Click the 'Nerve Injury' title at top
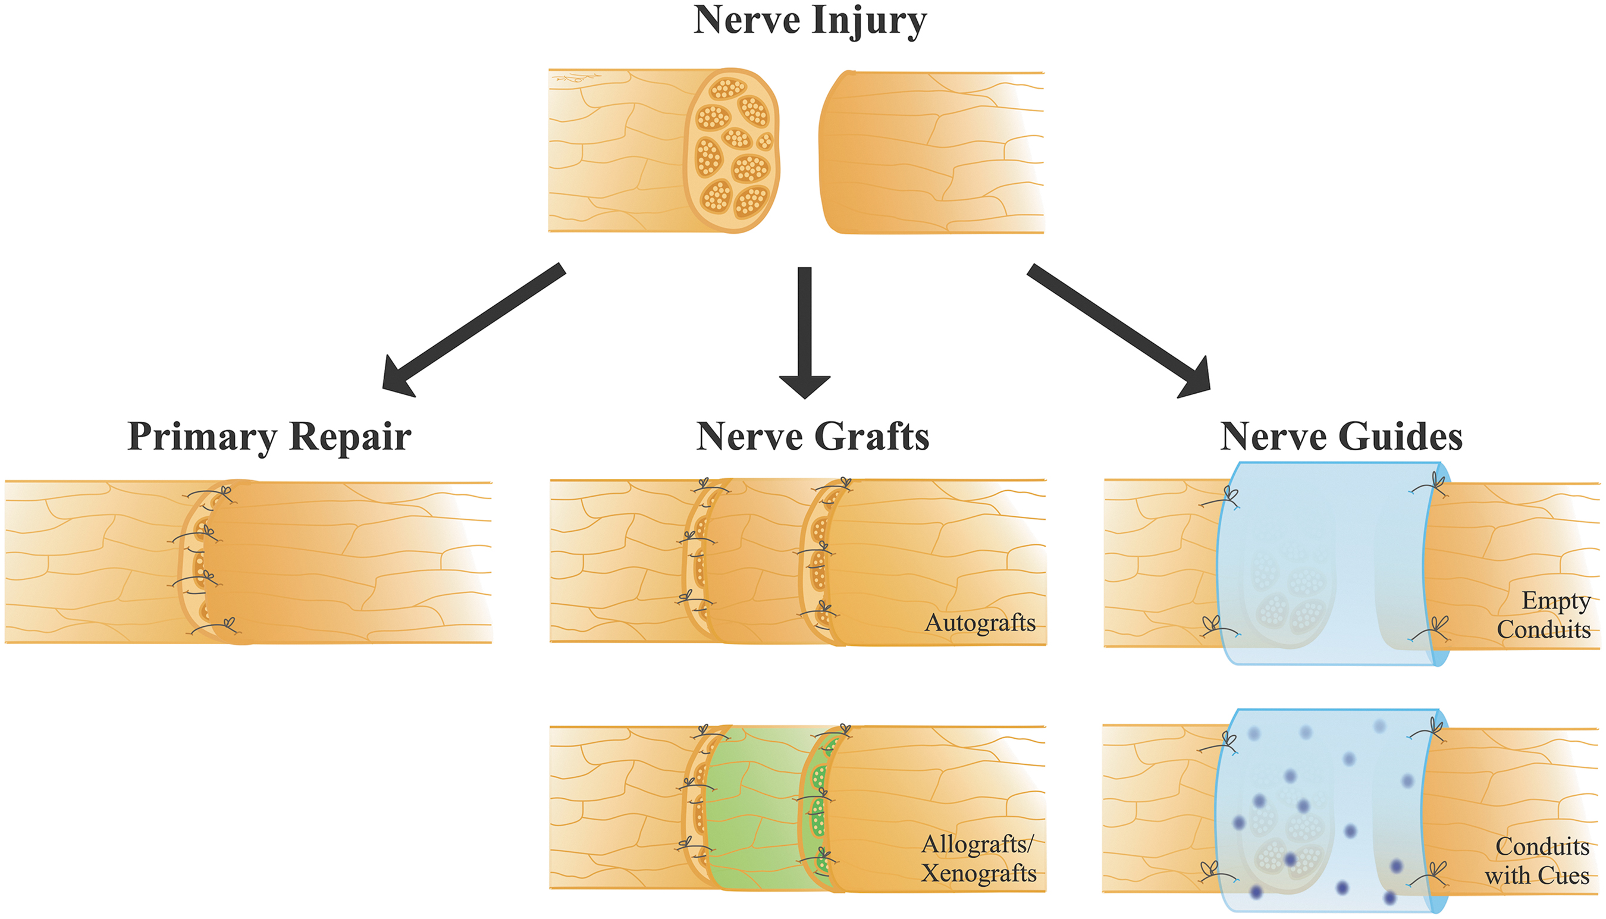pos(810,20)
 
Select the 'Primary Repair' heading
pos(269,436)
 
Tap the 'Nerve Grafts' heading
pos(813,436)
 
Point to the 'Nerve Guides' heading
pos(1341,436)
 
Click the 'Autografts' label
pos(980,623)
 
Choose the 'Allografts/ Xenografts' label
pos(978,858)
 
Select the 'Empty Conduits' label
pos(1544,616)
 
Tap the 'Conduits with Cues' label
pos(1537,861)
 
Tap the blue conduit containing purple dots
pos(1325,811)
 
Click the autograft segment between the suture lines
pos(757,562)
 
